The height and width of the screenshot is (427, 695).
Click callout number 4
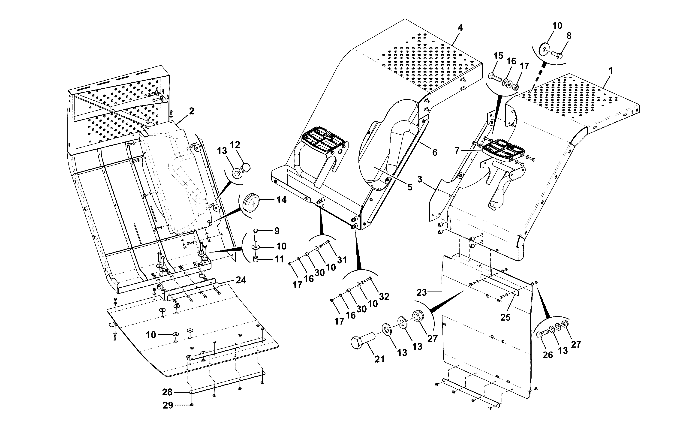[460, 28]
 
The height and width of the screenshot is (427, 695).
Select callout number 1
[611, 71]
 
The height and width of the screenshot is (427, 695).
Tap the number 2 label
[192, 111]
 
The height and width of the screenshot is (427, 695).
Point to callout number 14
[281, 200]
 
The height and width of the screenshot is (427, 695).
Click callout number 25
[505, 317]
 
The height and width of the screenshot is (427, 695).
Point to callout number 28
[167, 392]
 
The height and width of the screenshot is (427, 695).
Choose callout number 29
[168, 406]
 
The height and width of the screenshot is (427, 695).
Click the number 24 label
[241, 280]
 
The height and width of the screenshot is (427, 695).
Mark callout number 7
[457, 150]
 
